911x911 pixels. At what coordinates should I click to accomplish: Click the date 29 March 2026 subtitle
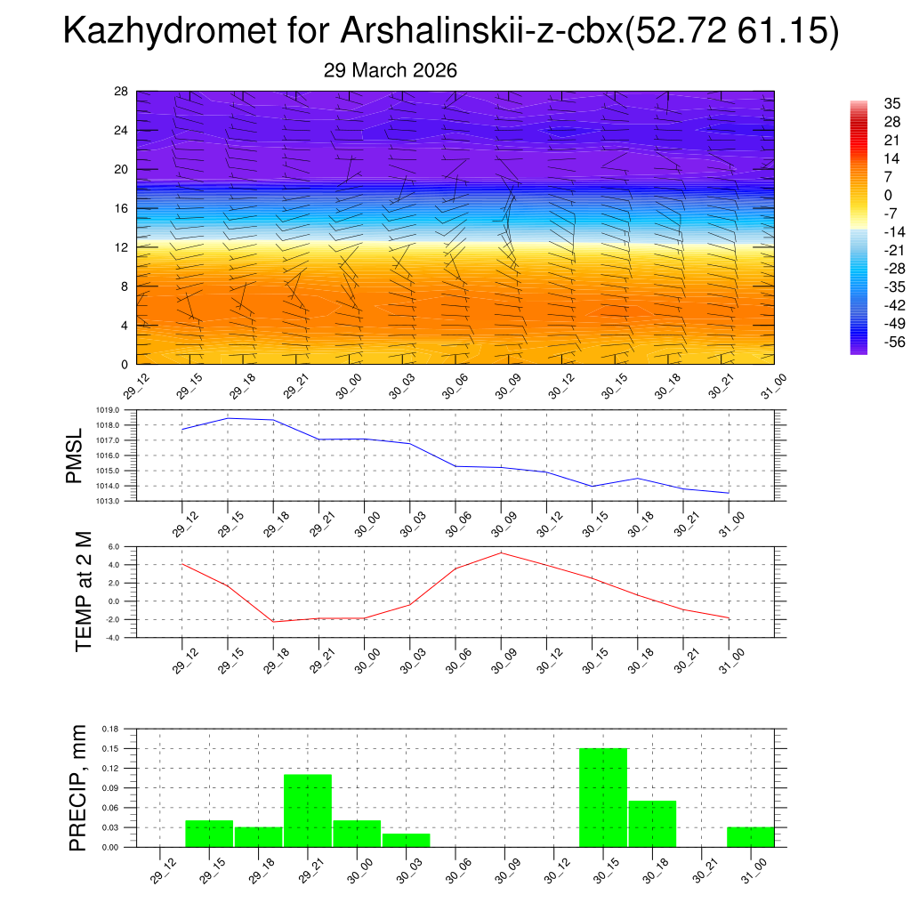pyautogui.click(x=391, y=70)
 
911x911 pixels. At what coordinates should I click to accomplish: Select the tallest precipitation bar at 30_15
pyautogui.click(x=603, y=797)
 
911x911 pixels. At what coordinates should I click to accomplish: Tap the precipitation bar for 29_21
pyautogui.click(x=308, y=810)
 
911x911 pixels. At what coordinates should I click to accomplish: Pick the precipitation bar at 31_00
pyautogui.click(x=750, y=837)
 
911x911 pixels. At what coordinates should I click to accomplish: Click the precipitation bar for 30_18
pyautogui.click(x=652, y=824)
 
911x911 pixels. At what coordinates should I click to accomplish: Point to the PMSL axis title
pyautogui.click(x=74, y=455)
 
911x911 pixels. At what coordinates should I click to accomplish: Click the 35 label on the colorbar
pyautogui.click(x=891, y=104)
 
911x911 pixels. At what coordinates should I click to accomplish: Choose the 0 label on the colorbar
pyautogui.click(x=887, y=195)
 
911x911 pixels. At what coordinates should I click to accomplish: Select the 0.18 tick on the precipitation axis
pyautogui.click(x=110, y=729)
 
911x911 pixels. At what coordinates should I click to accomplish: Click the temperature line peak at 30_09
pyautogui.click(x=501, y=552)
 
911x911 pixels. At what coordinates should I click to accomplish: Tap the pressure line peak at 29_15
pyautogui.click(x=228, y=418)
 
